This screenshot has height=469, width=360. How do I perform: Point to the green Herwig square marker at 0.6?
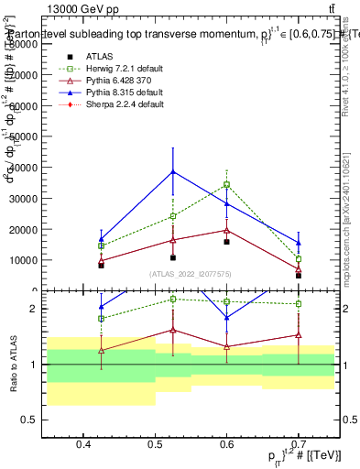[226, 184]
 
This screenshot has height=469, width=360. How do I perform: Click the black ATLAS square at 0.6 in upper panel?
[226, 242]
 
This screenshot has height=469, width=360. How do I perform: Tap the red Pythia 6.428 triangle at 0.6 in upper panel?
[226, 230]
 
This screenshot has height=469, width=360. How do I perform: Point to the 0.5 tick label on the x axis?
[155, 446]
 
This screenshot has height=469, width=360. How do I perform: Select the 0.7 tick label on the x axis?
[298, 446]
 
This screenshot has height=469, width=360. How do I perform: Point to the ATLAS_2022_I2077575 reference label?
[191, 275]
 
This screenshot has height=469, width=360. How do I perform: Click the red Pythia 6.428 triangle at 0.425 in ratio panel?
[102, 350]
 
